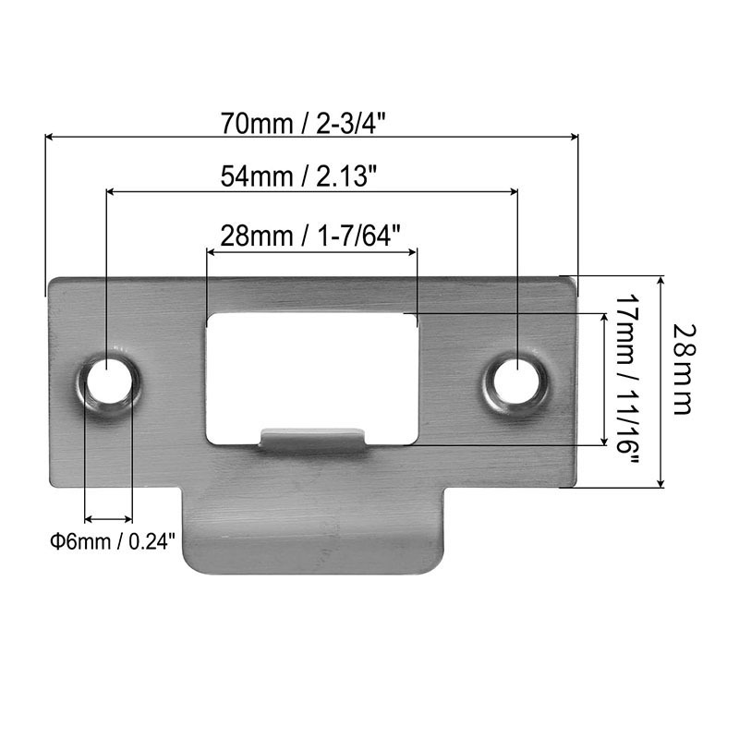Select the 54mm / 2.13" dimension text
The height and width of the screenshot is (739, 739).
(310, 176)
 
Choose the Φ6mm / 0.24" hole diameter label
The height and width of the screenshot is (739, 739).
(112, 540)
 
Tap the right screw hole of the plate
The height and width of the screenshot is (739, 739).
(516, 379)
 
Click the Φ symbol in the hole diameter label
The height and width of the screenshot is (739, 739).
(55, 540)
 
